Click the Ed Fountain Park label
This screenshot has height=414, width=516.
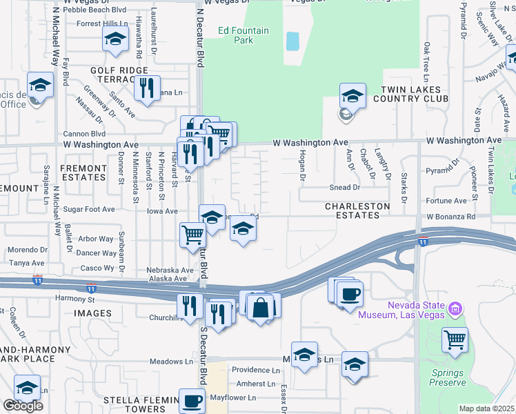click(235, 35)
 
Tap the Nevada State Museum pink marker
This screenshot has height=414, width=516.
click(455, 308)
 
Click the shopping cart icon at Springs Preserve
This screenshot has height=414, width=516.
click(455, 339)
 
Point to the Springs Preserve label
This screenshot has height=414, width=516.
click(448, 377)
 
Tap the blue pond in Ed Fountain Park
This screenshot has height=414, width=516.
click(292, 41)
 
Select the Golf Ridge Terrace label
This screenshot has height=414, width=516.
click(119, 75)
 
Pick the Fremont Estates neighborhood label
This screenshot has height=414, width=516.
click(83, 172)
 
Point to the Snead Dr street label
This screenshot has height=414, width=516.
click(345, 187)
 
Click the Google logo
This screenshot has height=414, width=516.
click(23, 406)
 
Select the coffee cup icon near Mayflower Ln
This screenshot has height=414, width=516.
click(192, 400)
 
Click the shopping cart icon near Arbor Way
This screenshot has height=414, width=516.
click(192, 235)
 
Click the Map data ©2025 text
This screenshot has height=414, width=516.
click(486, 408)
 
